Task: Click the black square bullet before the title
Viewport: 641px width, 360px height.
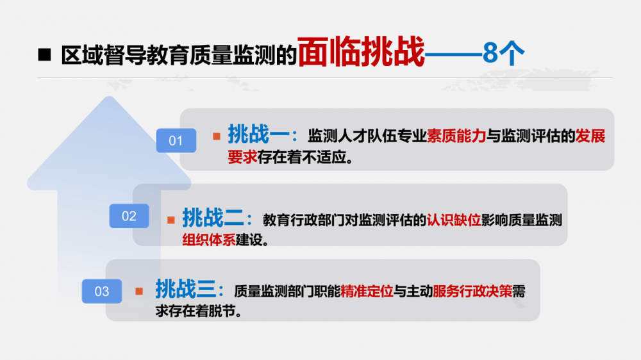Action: click(x=44, y=54)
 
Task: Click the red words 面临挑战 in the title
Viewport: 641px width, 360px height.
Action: click(x=362, y=52)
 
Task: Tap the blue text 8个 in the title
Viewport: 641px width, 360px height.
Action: click(x=503, y=53)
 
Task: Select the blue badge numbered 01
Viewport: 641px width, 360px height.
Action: click(x=176, y=140)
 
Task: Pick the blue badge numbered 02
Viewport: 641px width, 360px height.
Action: click(x=129, y=216)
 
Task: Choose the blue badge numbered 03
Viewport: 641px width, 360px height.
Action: click(x=102, y=291)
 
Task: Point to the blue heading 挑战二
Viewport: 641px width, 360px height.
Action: click(x=213, y=217)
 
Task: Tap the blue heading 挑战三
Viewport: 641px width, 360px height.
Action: click(x=186, y=289)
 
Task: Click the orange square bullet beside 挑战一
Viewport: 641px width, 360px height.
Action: click(x=217, y=136)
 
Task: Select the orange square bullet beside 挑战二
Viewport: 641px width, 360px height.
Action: click(x=171, y=220)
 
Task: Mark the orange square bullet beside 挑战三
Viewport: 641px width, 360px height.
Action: click(x=139, y=291)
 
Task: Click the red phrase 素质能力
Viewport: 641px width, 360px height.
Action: click(x=456, y=136)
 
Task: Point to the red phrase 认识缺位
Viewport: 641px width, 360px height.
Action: click(x=454, y=220)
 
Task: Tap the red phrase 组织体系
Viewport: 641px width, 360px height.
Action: click(x=209, y=240)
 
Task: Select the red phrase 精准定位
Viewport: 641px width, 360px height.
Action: click(x=367, y=291)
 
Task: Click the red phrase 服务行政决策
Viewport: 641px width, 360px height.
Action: click(x=472, y=291)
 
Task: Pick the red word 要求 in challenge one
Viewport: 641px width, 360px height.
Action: click(x=242, y=157)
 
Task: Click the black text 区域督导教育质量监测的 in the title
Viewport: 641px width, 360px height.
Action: click(x=179, y=54)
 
